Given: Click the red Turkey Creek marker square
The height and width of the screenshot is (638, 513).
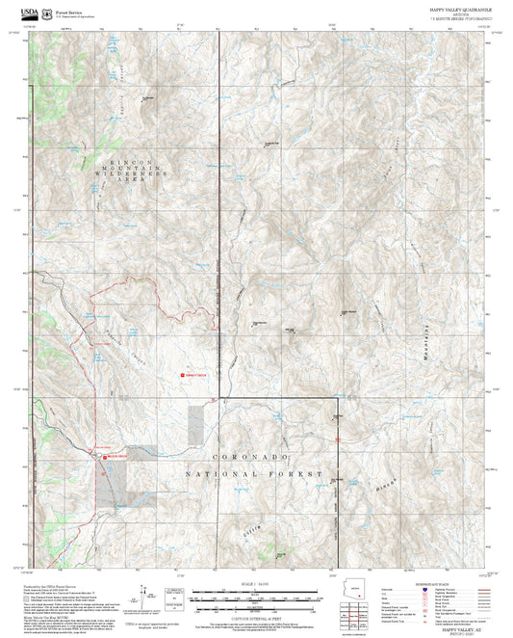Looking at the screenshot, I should [180, 374].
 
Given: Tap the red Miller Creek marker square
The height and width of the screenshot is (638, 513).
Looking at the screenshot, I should [105, 457].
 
